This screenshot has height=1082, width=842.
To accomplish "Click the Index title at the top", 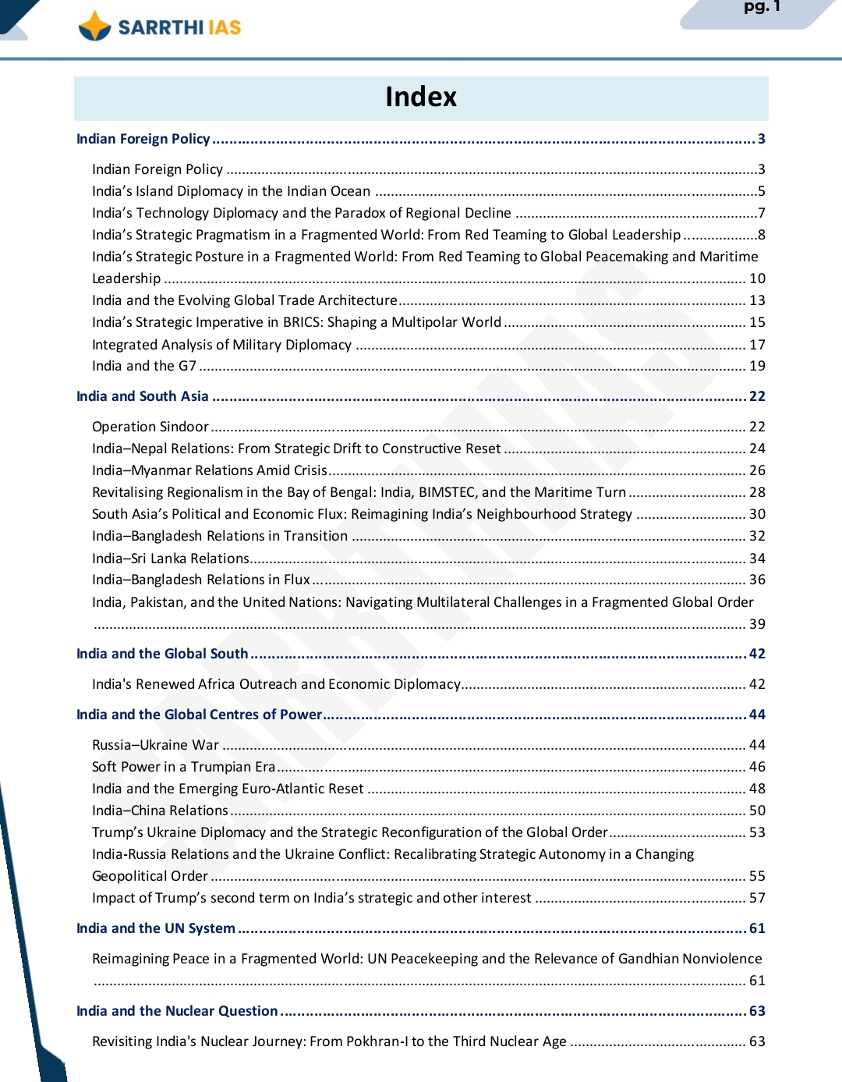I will click(421, 97).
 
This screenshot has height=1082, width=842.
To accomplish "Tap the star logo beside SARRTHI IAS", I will click(95, 27).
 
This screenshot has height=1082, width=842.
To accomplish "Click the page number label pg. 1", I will click(761, 7).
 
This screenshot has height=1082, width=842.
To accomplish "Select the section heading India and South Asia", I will click(143, 396).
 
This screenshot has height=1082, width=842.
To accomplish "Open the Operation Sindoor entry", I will click(150, 427).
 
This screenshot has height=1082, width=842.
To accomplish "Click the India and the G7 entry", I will click(144, 366).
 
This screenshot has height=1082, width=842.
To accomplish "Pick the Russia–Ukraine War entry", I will click(156, 745).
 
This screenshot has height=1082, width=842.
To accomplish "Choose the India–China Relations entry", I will click(160, 811).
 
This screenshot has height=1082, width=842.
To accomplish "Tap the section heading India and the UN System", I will click(156, 928).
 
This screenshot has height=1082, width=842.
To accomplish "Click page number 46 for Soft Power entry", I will click(757, 767).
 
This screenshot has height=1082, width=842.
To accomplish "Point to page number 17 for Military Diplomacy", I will click(757, 345).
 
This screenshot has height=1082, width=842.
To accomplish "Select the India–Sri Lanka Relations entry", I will click(171, 559).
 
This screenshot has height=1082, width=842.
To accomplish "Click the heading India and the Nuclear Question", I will click(177, 1011).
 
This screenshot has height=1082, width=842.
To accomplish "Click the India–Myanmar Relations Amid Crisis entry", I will click(210, 470).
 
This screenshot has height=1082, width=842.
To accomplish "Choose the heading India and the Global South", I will click(162, 654).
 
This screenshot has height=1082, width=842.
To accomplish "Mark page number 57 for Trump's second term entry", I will click(757, 898).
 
